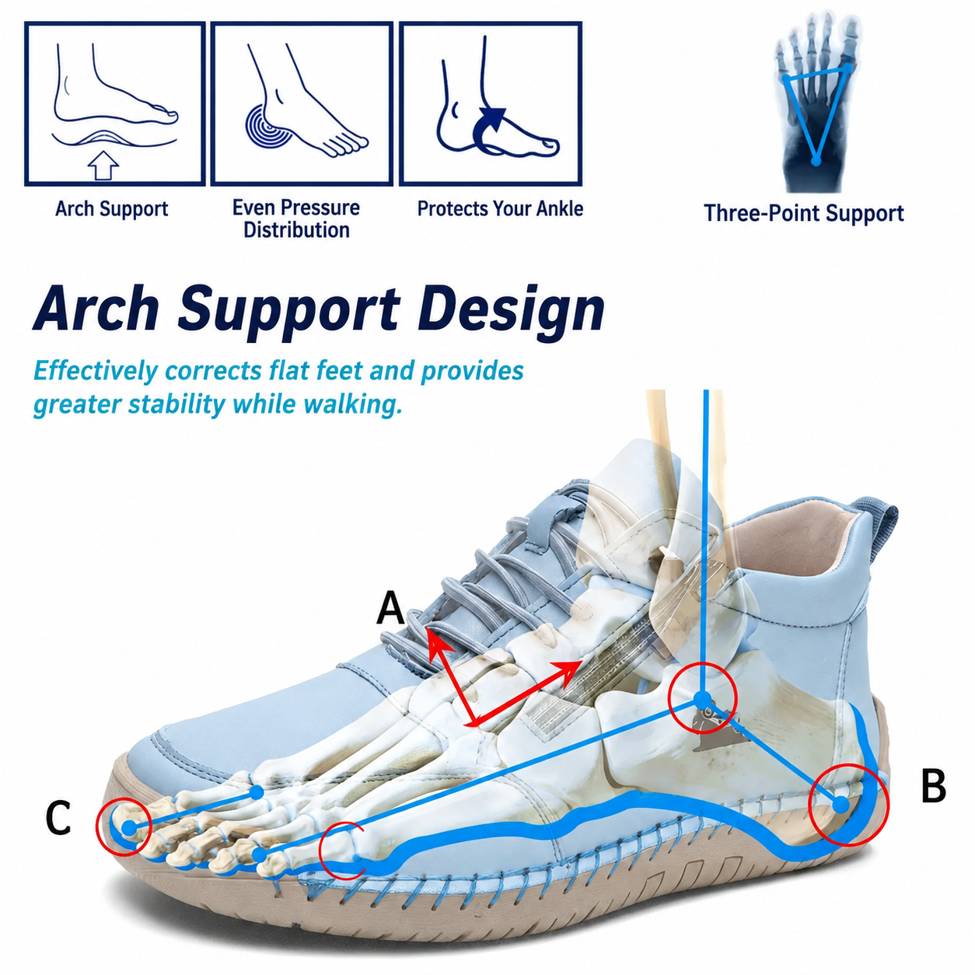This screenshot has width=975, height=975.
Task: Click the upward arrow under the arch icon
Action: pos(103,164)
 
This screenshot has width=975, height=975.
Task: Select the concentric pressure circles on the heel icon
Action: pos(269,127)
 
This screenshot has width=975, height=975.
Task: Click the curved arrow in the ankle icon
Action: pos(489,131)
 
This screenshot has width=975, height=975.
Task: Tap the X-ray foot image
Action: pos(816,102)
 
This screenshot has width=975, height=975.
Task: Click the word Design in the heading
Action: pos(511,308)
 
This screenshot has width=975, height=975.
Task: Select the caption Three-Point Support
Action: pos(803,213)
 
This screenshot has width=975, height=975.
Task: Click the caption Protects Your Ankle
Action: pos(500,208)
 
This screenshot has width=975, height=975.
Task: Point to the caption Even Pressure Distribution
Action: pos(296,218)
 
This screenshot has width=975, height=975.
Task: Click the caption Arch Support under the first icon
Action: pos(111,209)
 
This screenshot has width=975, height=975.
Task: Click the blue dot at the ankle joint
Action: pos(702,699)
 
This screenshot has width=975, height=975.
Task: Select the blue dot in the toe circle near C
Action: pos(130,828)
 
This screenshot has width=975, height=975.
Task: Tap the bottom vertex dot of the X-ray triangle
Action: pos(816,161)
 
